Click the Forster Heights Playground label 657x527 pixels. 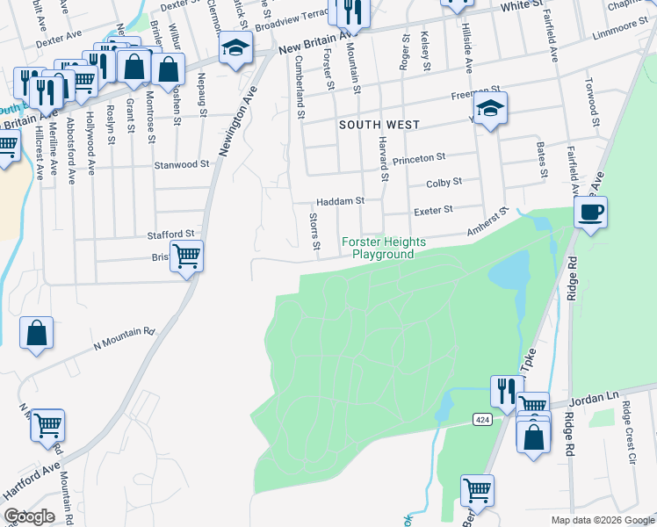pyautogui.click(x=384, y=248)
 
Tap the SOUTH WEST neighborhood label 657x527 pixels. pyautogui.click(x=379, y=126)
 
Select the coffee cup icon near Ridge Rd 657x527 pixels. pyautogui.click(x=591, y=212)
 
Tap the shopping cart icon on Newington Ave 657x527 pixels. pyautogui.click(x=186, y=256)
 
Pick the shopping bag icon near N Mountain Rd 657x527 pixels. pyautogui.click(x=37, y=333)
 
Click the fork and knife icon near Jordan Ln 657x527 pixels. pyautogui.click(x=506, y=391)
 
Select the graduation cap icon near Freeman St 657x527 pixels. pyautogui.click(x=493, y=110)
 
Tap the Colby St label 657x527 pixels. pyautogui.click(x=444, y=183)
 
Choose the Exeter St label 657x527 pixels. pyautogui.click(x=432, y=210)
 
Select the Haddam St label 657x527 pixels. pyautogui.click(x=340, y=201)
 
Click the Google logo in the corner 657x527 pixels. pyautogui.click(x=29, y=516)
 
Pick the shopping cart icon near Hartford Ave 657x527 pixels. pyautogui.click(x=47, y=424)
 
